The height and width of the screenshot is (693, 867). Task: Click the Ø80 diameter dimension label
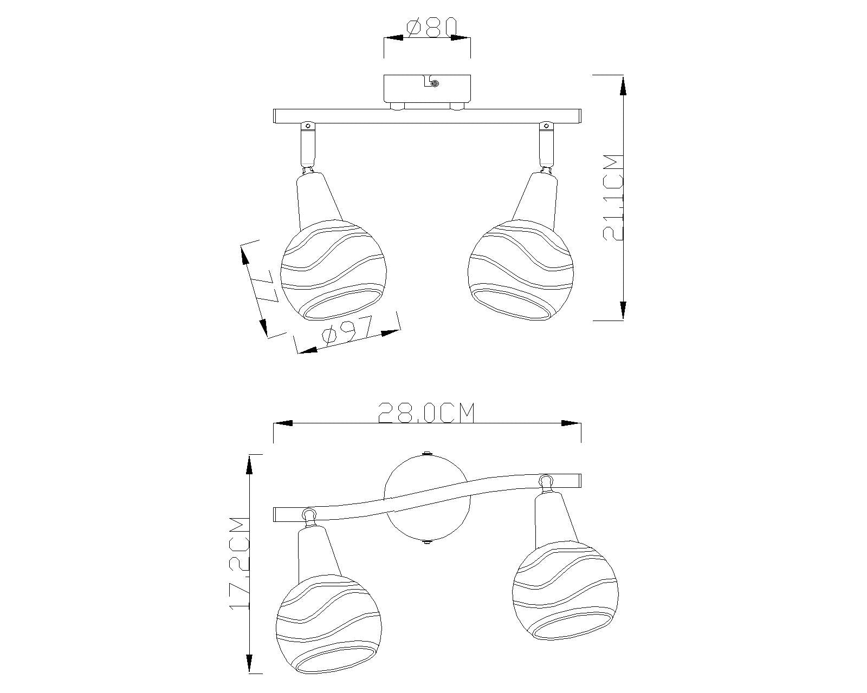click(x=431, y=27)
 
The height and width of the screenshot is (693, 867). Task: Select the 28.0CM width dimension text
click(x=426, y=413)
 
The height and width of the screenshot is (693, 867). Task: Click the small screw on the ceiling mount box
click(x=435, y=83)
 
